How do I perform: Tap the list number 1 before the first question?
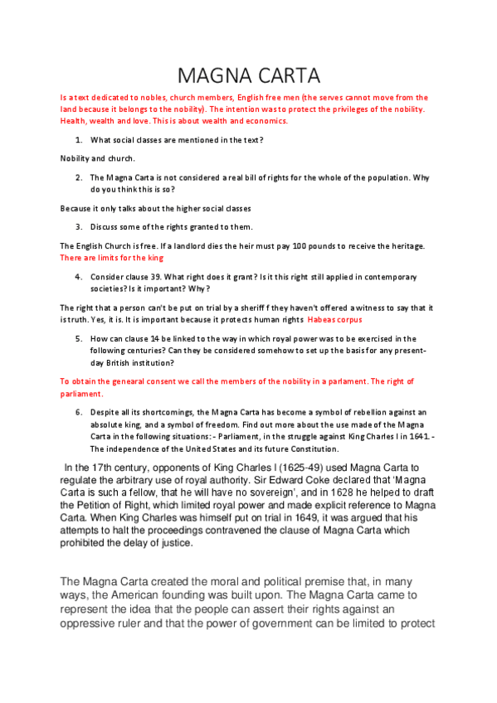78,140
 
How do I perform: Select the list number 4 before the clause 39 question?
78,276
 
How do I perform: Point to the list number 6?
78,412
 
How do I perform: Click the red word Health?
75,122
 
